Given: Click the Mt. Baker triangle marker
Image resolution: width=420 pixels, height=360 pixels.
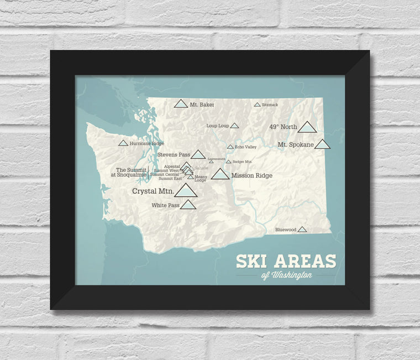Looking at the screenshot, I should tap(181, 104).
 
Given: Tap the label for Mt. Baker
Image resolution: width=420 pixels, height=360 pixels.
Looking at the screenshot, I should tap(202, 104).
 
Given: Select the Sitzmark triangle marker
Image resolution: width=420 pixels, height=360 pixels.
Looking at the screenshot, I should tap(257, 105).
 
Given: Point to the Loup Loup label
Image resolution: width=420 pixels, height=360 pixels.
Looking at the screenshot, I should tap(217, 126).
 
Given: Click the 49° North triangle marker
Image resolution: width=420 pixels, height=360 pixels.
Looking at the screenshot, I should tap(307, 127).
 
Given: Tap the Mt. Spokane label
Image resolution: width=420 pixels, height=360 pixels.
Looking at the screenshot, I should tap(296, 145).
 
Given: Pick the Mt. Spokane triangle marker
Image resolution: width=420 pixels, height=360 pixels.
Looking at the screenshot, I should tap(322, 144).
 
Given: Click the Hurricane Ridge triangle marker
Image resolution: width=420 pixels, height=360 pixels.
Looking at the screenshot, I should tap(123, 143).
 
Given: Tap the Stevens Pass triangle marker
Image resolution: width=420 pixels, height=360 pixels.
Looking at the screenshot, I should tap(198, 154).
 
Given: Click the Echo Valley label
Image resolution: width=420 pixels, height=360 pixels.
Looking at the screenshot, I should tap(246, 147).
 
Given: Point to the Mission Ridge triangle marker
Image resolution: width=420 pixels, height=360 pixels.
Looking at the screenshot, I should tap(221, 175).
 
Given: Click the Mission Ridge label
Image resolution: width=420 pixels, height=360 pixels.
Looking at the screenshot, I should tap(251, 175).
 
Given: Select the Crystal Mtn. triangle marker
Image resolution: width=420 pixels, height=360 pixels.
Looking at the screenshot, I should tap(186, 191).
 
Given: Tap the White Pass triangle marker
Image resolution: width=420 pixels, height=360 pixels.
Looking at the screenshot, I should tap(188, 205).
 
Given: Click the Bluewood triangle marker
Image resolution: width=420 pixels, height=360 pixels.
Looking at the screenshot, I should tap(302, 229).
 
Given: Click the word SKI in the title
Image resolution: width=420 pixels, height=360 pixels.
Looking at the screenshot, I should tap(255, 261).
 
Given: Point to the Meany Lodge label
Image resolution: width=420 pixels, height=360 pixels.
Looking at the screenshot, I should tap(200, 178).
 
